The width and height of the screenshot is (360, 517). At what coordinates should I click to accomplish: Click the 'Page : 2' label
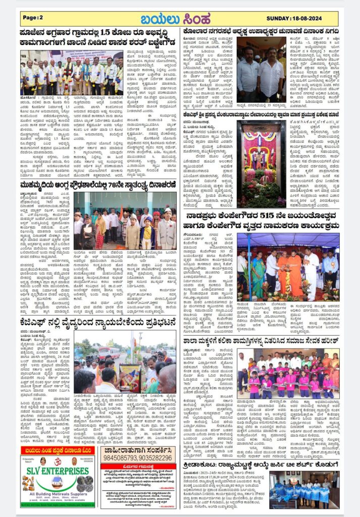[x=33, y=18]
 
